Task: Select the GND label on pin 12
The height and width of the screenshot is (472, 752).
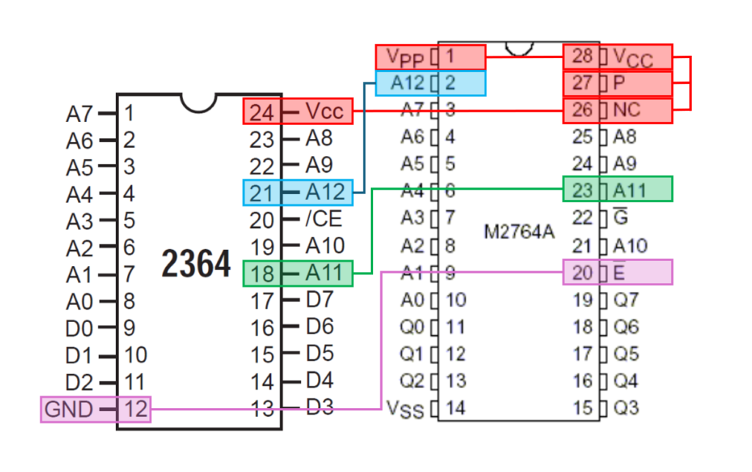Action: click(x=70, y=409)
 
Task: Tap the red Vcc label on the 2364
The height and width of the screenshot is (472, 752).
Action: click(x=325, y=112)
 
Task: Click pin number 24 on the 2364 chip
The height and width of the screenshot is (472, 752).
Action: click(x=261, y=112)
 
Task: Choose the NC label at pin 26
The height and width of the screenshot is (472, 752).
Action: click(x=626, y=110)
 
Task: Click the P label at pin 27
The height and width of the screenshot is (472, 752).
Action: click(x=619, y=84)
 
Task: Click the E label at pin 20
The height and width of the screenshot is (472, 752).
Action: click(x=619, y=273)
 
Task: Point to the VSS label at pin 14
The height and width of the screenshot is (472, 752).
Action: click(x=405, y=409)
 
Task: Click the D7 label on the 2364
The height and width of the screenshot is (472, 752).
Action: click(x=319, y=300)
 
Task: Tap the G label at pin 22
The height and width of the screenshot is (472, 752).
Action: click(x=620, y=218)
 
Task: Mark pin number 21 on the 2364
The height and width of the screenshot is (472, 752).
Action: click(x=261, y=193)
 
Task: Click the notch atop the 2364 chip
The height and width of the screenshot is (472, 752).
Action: click(x=198, y=101)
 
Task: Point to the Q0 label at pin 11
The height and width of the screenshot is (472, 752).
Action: click(x=411, y=326)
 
